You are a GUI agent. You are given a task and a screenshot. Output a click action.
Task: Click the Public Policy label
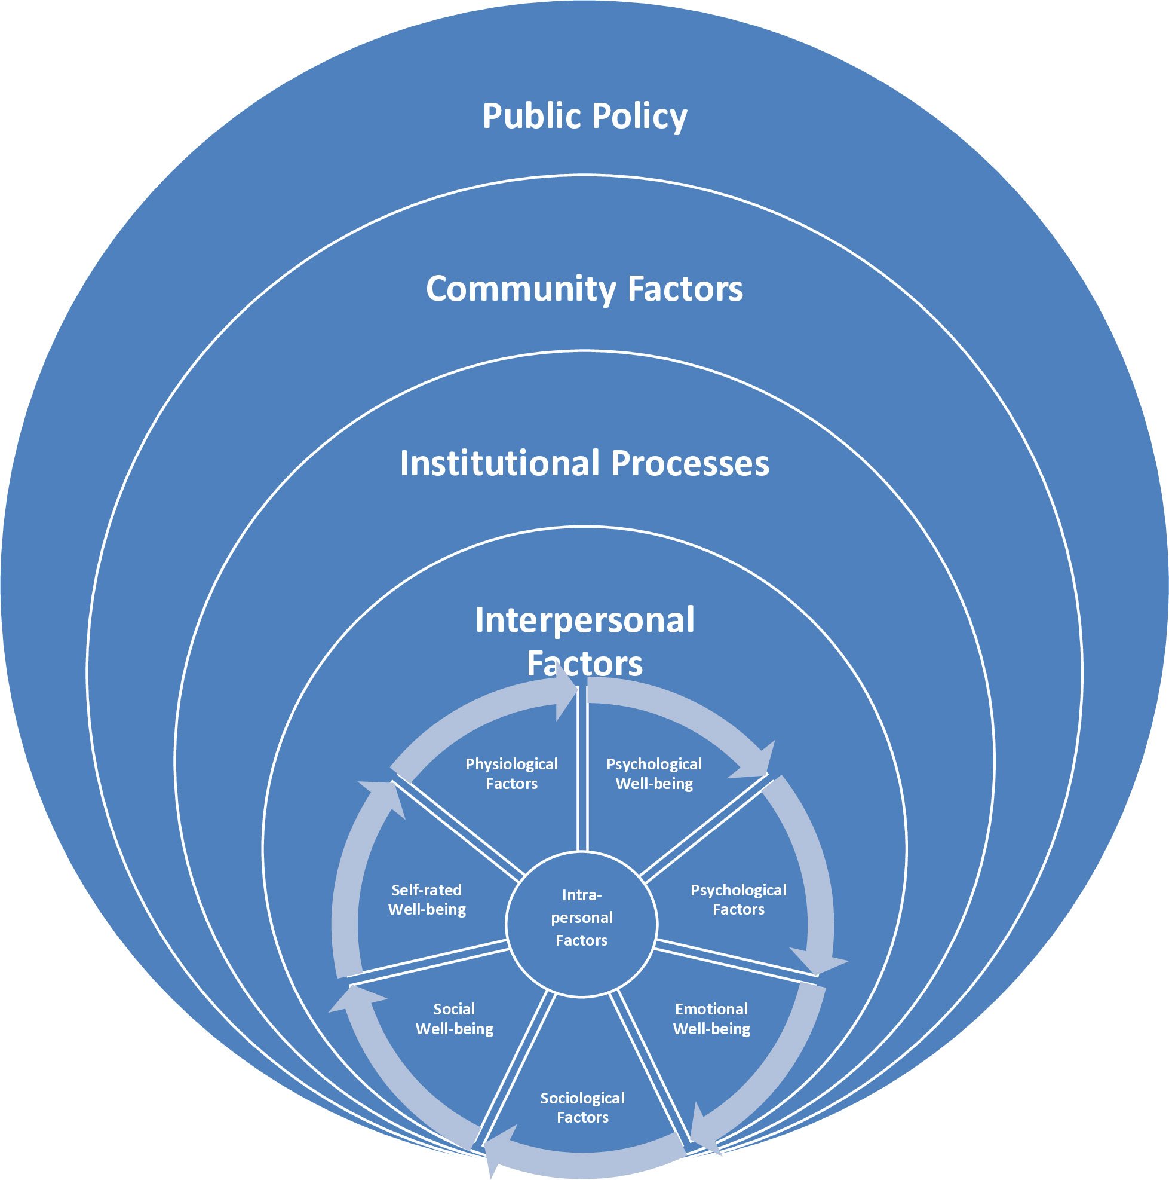point(584,117)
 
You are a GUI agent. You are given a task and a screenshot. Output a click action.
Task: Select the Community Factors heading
point(584,288)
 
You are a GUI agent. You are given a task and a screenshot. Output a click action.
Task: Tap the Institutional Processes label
point(584,462)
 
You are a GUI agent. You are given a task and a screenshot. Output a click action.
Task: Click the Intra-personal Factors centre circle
point(582,918)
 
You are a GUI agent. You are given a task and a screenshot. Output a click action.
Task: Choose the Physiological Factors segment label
point(511,774)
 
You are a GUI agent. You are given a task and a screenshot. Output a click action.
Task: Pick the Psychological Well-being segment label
point(653,774)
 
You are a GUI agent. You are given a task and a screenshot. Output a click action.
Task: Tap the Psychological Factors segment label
point(738,900)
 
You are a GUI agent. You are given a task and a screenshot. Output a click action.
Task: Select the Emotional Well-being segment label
point(711,1019)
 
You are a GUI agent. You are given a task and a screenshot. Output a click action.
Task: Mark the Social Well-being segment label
point(454,1019)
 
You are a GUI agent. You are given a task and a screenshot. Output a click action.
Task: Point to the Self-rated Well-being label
point(427,900)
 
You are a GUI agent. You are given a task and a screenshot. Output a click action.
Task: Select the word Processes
point(691,463)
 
